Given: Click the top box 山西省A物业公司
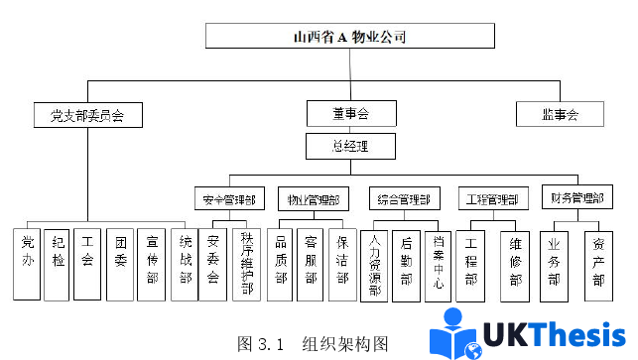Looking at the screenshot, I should click(350, 37).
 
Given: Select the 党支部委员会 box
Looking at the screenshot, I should click(86, 115).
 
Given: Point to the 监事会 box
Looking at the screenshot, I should click(559, 114).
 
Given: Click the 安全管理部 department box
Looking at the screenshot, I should click(229, 198).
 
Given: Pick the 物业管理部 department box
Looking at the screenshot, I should click(312, 198).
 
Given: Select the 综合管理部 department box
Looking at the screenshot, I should click(403, 198).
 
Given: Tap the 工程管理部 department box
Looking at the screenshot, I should click(492, 198).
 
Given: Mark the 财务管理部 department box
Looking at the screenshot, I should click(578, 197).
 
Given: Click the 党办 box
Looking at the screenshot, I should click(27, 264).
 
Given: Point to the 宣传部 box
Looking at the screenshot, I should click(152, 264).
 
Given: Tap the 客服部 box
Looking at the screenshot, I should click(312, 264).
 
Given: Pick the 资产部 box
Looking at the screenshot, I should click(598, 264).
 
